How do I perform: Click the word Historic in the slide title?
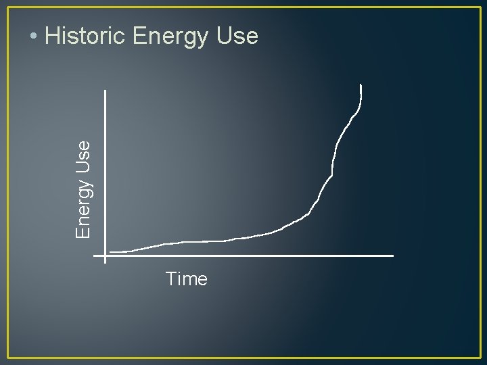(85, 36)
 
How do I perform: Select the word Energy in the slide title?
(171, 37)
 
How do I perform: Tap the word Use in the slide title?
(237, 36)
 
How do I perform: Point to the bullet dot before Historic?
(33, 36)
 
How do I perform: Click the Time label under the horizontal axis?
(186, 279)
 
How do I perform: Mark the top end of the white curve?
(361, 85)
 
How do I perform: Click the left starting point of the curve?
(110, 252)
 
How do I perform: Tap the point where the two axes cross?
(106, 255)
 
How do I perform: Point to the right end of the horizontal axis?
(393, 255)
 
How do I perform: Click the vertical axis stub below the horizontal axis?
(106, 260)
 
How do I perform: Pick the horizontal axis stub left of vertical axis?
(99, 255)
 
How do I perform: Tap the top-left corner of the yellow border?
(8, 7)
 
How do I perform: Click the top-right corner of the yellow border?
(480, 7)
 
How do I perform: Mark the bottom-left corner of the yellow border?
(8, 358)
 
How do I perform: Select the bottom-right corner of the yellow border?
(480, 358)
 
